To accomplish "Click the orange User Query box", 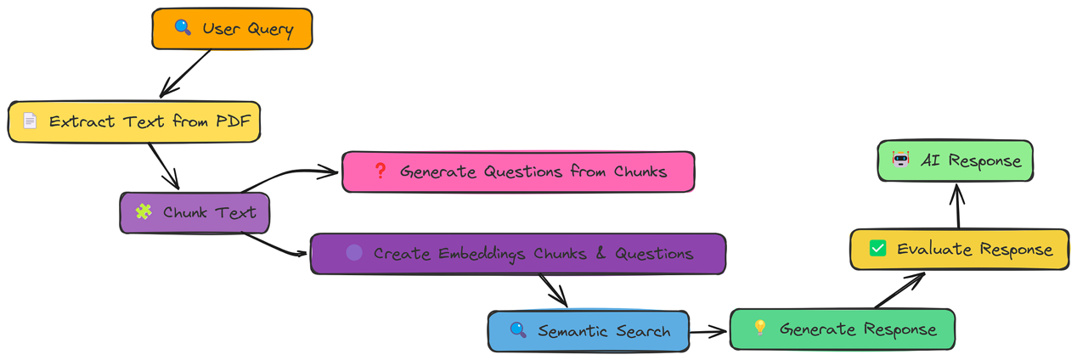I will pos(232,30).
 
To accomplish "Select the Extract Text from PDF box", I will pos(133,121).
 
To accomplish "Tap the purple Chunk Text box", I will pos(195,212).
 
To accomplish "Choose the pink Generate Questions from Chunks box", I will pos(518,172).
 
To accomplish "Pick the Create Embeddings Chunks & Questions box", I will pos(517,254).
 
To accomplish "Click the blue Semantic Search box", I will pos(588,330).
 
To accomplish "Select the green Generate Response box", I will pos(842,329).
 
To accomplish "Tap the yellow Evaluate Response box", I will pos(959,250).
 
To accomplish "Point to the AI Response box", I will pos(955,160).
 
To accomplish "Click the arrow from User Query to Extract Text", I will pos(185,73).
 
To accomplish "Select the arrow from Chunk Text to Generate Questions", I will pos(289,175).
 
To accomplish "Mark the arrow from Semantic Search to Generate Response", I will pos(709,330).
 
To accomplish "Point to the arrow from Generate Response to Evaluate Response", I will pos(899,291).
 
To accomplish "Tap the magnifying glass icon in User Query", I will pos(183,28).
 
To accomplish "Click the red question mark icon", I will pos(380,171).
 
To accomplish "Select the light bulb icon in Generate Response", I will pos(759,328).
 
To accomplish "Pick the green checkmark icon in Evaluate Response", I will pos(878,249).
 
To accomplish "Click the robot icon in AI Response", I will pos(900,159).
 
